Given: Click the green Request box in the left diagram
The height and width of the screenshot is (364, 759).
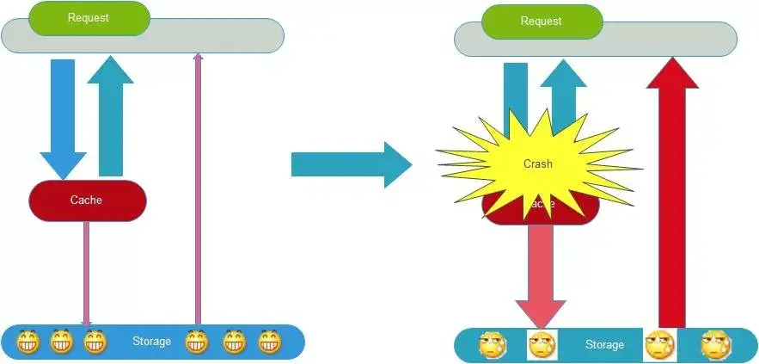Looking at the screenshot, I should pyautogui.click(x=89, y=18).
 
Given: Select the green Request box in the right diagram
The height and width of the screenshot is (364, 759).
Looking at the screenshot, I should pyautogui.click(x=542, y=22).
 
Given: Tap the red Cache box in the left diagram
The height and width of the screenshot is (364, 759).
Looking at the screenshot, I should pyautogui.click(x=86, y=200).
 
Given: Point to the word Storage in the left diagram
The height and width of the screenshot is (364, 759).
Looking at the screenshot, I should pyautogui.click(x=151, y=342).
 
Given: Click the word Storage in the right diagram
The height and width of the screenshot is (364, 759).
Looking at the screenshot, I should pyautogui.click(x=604, y=344).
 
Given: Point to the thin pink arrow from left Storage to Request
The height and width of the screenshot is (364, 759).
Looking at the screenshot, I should pyautogui.click(x=198, y=189).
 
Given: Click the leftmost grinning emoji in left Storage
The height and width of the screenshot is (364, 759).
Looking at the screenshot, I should pyautogui.click(x=28, y=342).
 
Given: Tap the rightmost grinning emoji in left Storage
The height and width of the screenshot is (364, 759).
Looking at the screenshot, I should pyautogui.click(x=270, y=342).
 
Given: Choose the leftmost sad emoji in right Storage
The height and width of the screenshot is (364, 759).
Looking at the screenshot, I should pyautogui.click(x=493, y=345).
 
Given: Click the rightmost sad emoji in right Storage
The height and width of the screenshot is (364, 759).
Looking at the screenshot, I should pyautogui.click(x=715, y=345).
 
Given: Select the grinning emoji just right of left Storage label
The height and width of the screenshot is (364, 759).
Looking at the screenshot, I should pyautogui.click(x=197, y=342).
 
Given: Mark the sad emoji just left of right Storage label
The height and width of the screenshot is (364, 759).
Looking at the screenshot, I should pyautogui.click(x=542, y=345).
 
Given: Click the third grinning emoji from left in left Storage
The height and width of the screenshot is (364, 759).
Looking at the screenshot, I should pyautogui.click(x=95, y=342).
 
